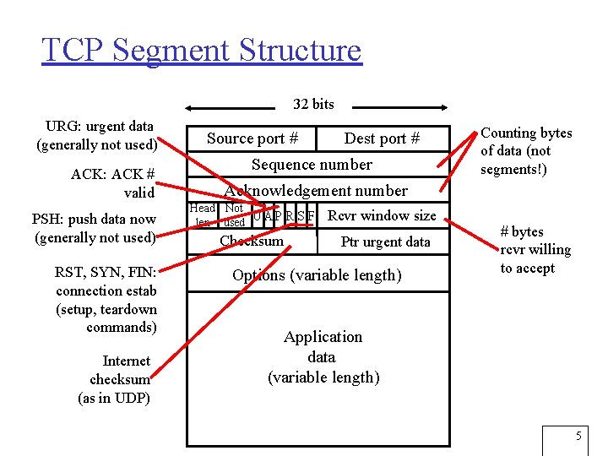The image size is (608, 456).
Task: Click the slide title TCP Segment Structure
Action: (201, 51)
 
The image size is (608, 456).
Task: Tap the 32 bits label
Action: (313, 105)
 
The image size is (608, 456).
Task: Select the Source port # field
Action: (252, 138)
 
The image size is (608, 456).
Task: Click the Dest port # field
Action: (382, 138)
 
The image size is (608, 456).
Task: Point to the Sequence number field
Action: (312, 165)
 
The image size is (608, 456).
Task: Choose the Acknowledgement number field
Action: (316, 191)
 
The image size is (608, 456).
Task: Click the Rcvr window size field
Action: (382, 215)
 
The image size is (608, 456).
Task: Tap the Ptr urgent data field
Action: (385, 242)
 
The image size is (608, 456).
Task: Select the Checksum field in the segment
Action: (252, 242)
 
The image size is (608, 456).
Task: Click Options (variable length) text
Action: (317, 275)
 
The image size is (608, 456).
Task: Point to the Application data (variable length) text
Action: (323, 356)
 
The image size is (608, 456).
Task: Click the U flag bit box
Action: (258, 216)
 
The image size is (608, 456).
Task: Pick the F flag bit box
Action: (311, 216)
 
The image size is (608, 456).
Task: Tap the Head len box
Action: (203, 215)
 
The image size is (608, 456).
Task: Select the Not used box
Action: (234, 215)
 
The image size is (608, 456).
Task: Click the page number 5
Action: (578, 436)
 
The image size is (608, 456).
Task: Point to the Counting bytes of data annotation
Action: (525, 151)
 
